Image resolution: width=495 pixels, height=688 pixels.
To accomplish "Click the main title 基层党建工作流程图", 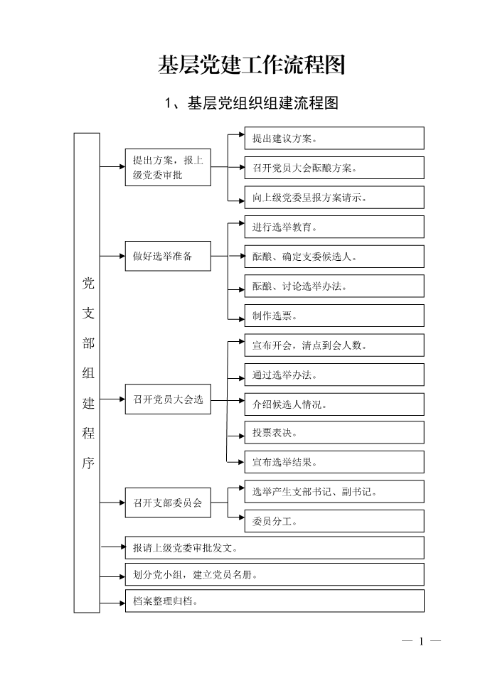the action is (251, 65).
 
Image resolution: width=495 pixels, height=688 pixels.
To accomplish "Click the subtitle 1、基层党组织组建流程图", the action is (251, 103).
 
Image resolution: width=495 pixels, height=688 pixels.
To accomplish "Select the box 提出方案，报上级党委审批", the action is (168, 167).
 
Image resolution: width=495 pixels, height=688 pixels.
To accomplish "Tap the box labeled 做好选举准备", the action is (168, 256).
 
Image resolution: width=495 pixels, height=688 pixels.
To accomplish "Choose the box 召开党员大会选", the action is (168, 399).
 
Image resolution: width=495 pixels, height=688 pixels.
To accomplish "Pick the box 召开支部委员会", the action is (168, 502).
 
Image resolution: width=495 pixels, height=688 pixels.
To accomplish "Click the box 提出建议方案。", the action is (334, 138).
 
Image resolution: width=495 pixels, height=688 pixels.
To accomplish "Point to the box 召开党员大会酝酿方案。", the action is (334, 168).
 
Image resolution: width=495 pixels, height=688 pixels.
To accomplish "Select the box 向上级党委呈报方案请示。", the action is (334, 198).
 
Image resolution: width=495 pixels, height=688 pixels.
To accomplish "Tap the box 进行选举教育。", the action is (334, 227).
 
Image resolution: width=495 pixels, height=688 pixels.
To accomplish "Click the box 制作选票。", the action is (334, 316).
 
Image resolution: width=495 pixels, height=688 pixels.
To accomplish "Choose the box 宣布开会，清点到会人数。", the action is (334, 345).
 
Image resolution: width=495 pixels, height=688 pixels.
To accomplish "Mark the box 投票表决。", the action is (334, 433).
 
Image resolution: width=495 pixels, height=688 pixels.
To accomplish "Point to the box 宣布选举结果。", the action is (334, 462).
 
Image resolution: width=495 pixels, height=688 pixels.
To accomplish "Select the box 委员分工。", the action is (334, 521).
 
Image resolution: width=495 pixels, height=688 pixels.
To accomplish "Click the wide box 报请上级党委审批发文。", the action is (275, 547).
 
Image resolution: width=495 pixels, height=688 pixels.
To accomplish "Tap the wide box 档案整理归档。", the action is (275, 601).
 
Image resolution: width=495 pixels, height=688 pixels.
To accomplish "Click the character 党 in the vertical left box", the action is (88, 284).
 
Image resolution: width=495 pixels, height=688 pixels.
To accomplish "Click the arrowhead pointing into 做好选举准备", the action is (122, 256).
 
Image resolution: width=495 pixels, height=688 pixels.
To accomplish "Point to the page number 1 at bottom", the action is (421, 642).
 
